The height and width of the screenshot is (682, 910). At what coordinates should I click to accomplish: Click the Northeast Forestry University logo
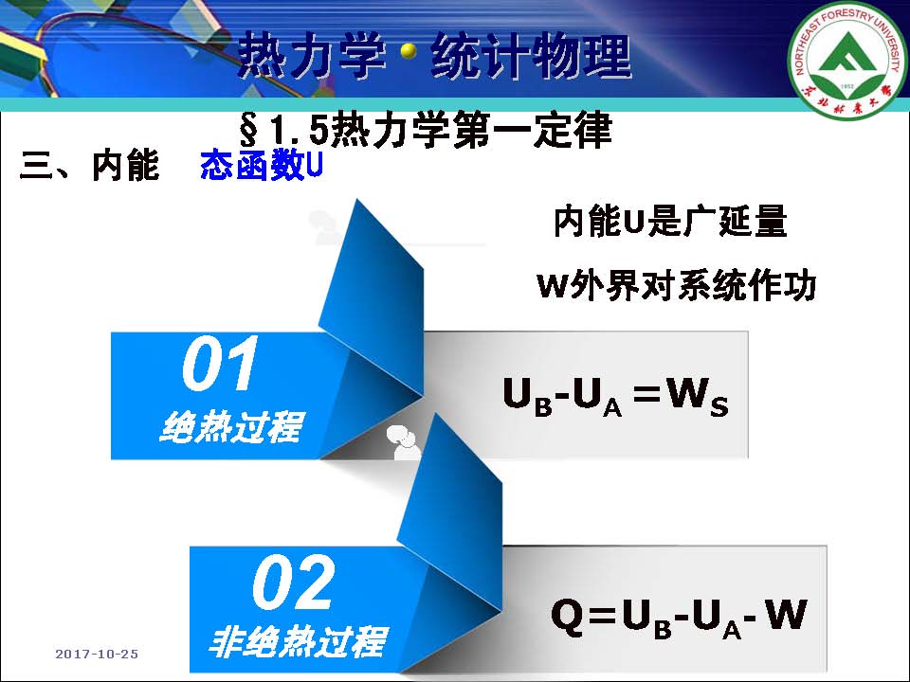847,59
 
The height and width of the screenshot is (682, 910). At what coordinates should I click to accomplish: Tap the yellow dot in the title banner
409,52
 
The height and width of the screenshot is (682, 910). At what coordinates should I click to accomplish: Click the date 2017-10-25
97,655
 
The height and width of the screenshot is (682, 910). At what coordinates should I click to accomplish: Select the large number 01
220,364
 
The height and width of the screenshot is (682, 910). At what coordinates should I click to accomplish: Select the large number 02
294,582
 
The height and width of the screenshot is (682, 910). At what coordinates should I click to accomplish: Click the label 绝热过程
231,427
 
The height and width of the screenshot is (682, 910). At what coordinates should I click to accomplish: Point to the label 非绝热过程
298,641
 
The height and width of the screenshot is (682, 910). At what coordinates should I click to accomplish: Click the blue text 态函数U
262,166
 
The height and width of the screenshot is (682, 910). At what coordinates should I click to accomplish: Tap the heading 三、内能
89,166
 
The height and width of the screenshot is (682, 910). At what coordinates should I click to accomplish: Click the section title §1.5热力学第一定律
426,130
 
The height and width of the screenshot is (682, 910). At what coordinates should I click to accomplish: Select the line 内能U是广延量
670,221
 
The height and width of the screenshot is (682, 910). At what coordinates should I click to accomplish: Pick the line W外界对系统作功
677,285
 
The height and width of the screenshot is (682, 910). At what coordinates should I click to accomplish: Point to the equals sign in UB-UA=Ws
647,392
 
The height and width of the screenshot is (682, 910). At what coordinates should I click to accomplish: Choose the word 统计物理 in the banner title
531,56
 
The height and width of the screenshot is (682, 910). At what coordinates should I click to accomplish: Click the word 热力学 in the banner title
312,56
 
